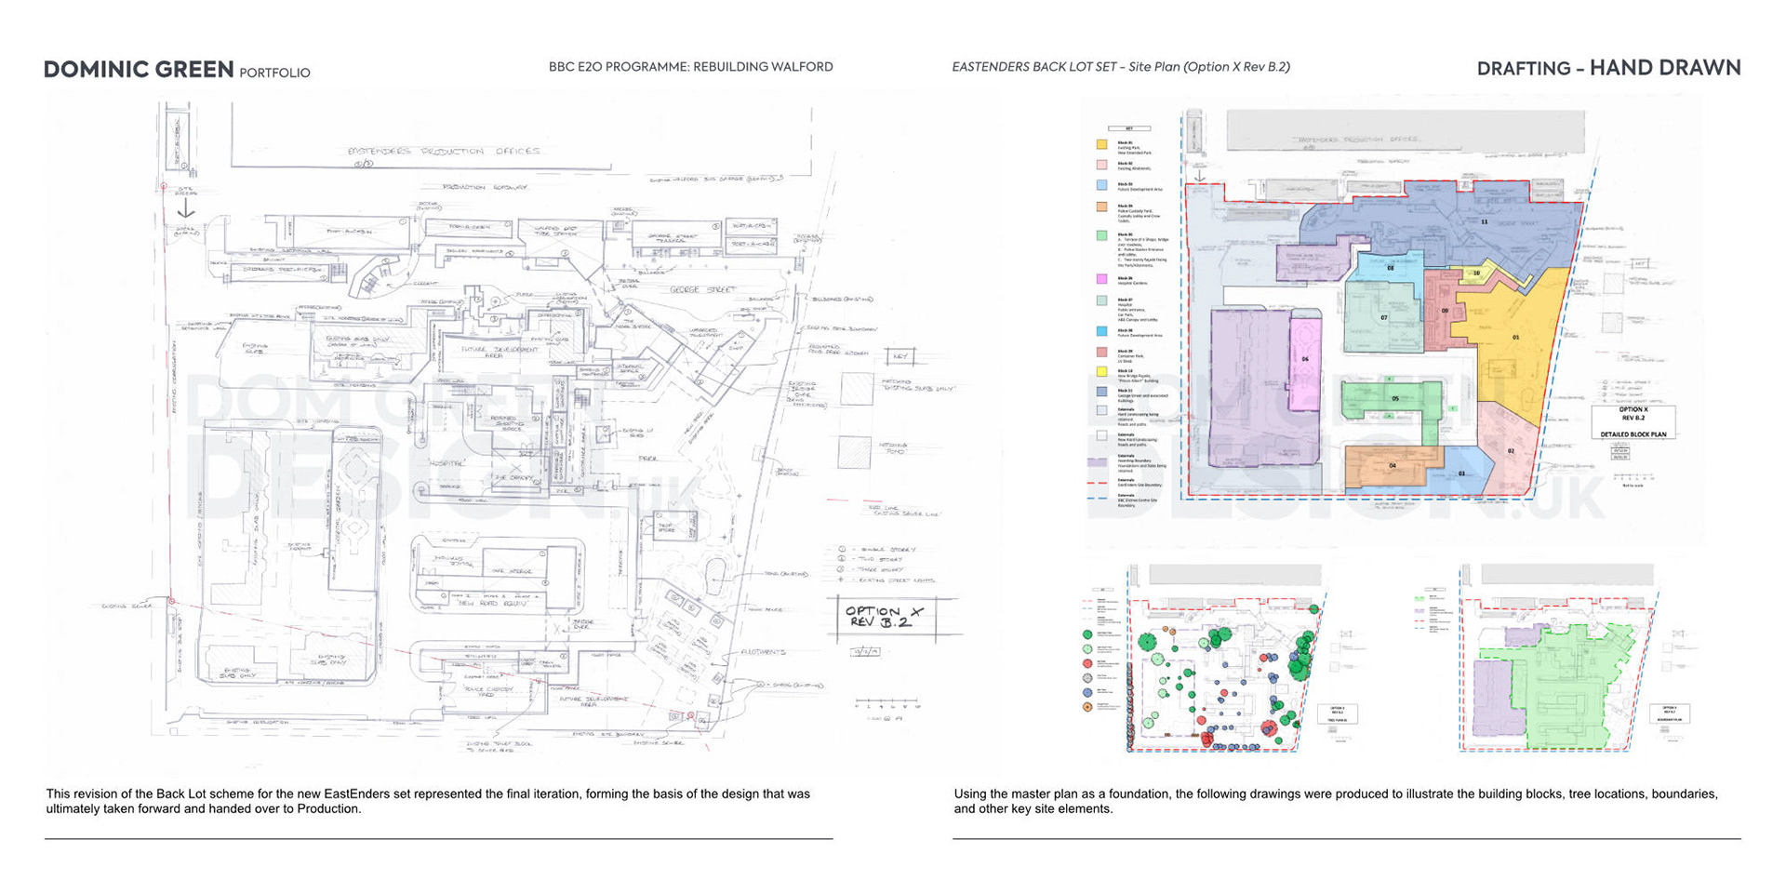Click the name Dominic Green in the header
click(139, 70)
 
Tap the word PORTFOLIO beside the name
click(274, 73)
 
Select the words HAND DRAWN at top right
click(1664, 68)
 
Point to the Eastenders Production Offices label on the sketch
click(443, 151)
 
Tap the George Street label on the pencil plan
click(702, 290)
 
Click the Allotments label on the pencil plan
click(763, 652)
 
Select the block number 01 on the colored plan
click(1515, 337)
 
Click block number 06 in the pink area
click(1305, 359)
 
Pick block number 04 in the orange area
click(1393, 465)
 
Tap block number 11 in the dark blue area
click(1484, 221)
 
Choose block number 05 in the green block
click(1394, 398)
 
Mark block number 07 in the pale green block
click(1383, 318)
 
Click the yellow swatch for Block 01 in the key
click(1101, 144)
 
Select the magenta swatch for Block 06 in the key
click(1101, 278)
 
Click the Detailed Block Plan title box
click(1633, 421)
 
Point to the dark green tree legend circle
click(1087, 634)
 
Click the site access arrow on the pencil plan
click(186, 209)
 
